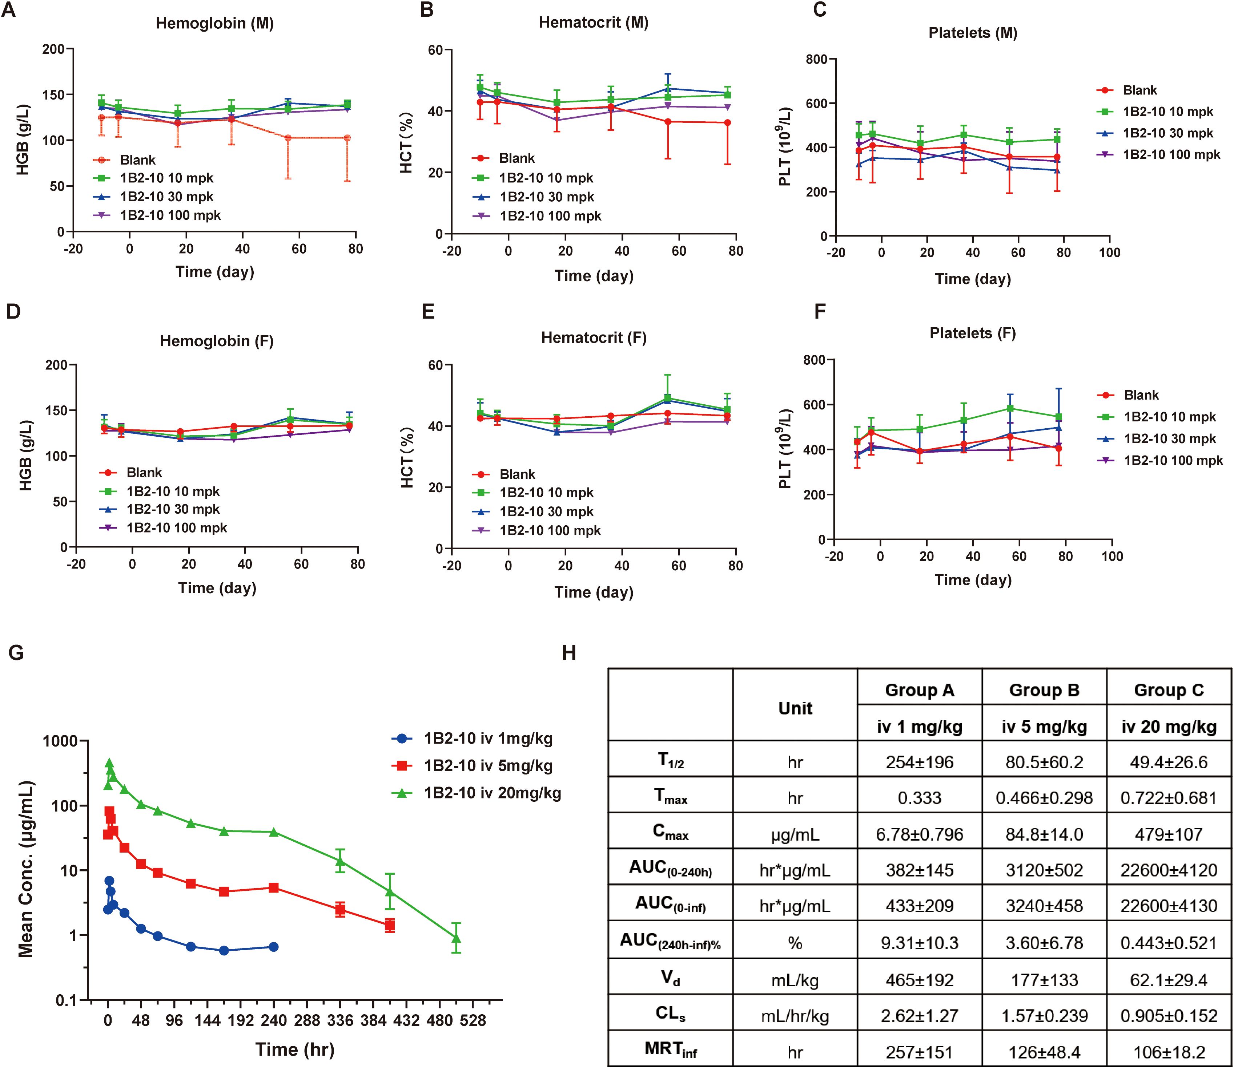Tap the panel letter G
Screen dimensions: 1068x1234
click(x=16, y=653)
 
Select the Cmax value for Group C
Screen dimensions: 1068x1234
click(x=1169, y=834)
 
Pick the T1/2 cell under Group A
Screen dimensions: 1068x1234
click(x=919, y=762)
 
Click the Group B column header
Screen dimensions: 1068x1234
click(x=1044, y=690)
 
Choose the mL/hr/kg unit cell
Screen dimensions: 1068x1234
click(x=795, y=1016)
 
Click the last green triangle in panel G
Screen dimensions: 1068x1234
click(x=456, y=939)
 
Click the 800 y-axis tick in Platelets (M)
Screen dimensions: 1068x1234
click(x=816, y=59)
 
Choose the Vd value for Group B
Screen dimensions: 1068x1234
click(x=1044, y=980)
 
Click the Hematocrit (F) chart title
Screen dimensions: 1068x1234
click(x=594, y=338)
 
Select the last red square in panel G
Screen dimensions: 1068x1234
click(x=390, y=926)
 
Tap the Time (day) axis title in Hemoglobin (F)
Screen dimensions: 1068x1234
click(x=217, y=588)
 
